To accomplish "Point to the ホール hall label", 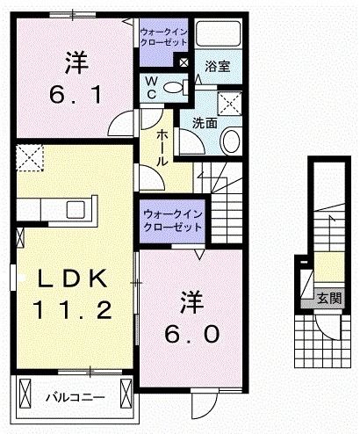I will (163, 148).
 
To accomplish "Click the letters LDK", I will (72, 278).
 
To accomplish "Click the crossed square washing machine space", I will (232, 103).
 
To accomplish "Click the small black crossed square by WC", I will (183, 62).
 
